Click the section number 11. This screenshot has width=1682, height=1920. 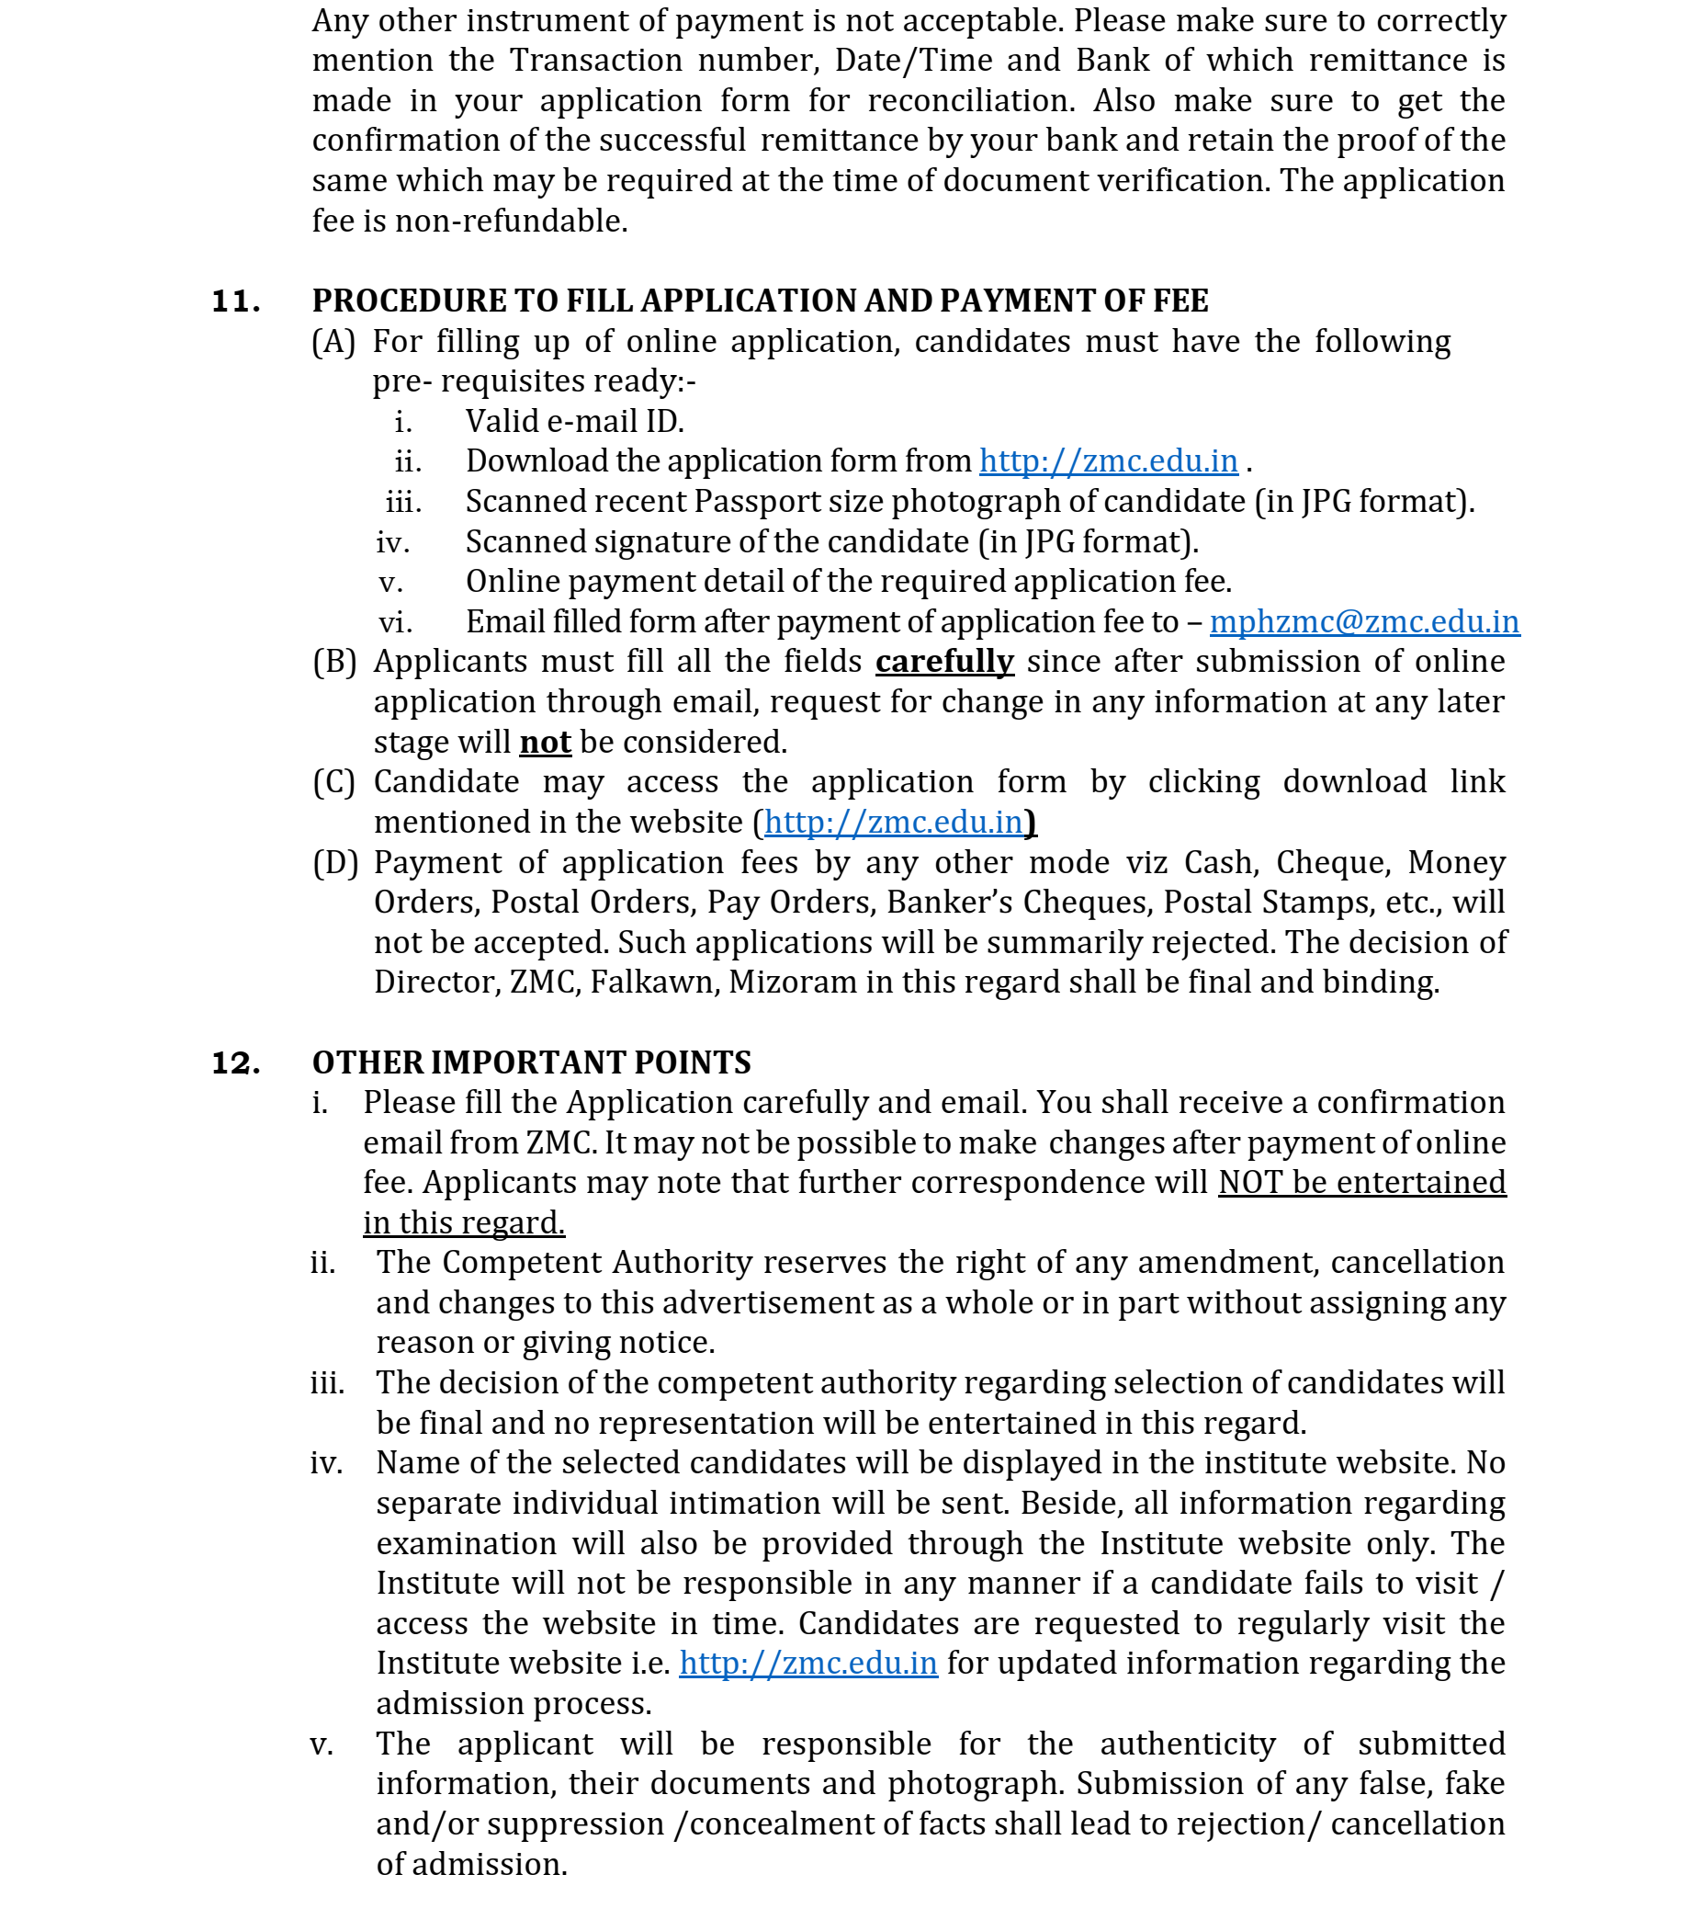click(x=235, y=301)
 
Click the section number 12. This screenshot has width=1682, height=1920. click(x=235, y=1062)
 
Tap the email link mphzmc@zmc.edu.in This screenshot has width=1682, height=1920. click(x=1364, y=622)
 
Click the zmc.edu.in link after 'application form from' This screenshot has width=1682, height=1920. click(x=1109, y=461)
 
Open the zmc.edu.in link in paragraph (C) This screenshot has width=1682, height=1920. click(x=893, y=823)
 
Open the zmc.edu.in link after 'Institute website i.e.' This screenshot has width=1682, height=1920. click(x=808, y=1663)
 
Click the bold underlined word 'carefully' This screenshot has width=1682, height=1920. click(x=944, y=662)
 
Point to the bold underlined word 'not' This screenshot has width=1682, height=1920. click(x=546, y=743)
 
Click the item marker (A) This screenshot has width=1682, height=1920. click(x=334, y=342)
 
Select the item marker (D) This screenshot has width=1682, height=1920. click(x=335, y=863)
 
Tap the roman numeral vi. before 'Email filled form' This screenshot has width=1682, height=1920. click(x=395, y=622)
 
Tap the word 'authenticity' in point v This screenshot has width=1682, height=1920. click(x=1188, y=1744)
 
